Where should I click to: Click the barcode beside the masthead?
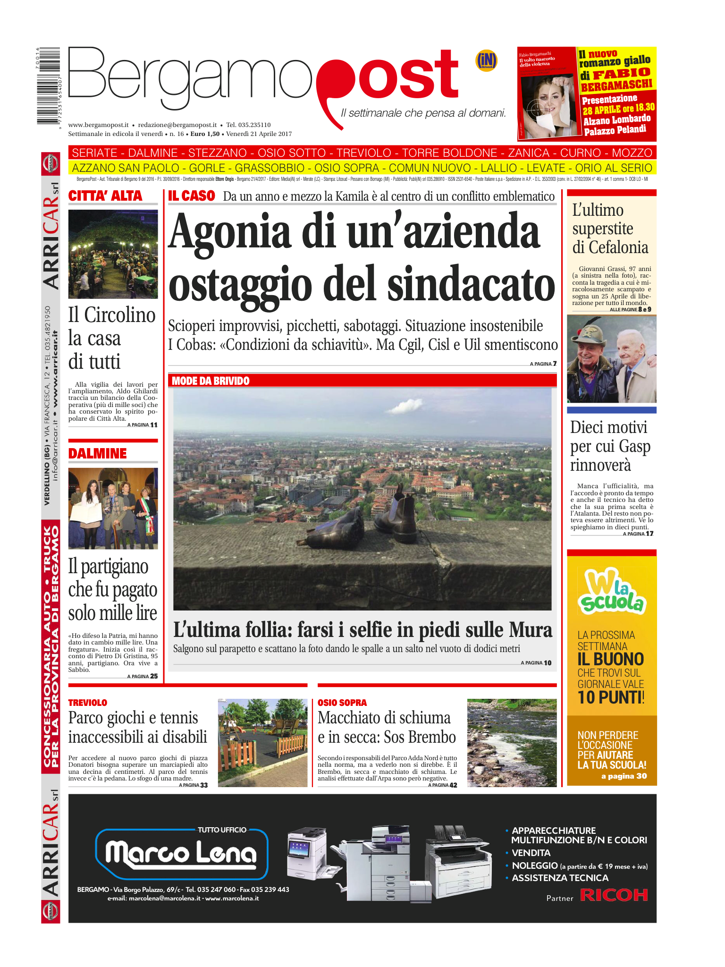point(48,86)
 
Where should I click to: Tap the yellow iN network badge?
point(486,60)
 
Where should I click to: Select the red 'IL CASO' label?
point(192,196)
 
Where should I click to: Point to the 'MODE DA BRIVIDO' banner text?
point(211,381)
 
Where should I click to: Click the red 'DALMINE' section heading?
point(98,454)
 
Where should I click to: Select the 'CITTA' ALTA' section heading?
point(105,196)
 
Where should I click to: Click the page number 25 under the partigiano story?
point(154,676)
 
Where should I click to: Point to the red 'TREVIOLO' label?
point(88,703)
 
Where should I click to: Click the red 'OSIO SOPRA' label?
point(342,703)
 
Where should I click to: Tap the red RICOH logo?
point(614,895)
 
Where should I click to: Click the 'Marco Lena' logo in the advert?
point(181,853)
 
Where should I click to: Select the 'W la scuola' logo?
point(611,593)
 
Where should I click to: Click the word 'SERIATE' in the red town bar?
point(94,153)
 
